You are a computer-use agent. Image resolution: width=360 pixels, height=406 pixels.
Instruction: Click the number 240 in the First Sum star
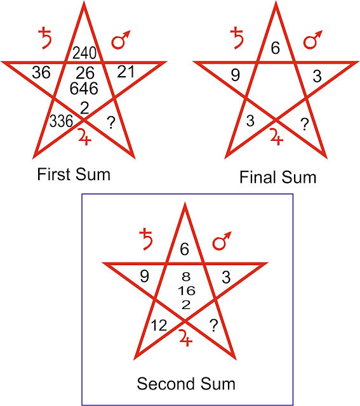pyautogui.click(x=84, y=53)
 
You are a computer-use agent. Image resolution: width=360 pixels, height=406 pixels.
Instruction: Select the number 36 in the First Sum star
pyautogui.click(x=41, y=72)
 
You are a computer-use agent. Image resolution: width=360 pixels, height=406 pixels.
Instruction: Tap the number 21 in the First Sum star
pyautogui.click(x=126, y=72)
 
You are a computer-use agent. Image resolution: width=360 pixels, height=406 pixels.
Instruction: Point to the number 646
pyautogui.click(x=84, y=88)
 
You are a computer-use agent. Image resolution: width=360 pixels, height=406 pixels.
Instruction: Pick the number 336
pyautogui.click(x=61, y=121)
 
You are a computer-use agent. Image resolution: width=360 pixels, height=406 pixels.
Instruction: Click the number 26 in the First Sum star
pyautogui.click(x=85, y=73)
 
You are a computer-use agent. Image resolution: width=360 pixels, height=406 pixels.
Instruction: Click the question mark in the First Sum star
pyautogui.click(x=111, y=122)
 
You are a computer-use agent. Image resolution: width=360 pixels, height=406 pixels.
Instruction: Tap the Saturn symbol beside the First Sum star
pyautogui.click(x=45, y=38)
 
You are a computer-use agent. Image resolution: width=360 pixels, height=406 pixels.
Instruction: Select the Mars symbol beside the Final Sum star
pyautogui.click(x=314, y=39)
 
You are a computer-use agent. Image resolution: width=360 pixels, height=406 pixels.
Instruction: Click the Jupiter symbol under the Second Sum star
pyautogui.click(x=186, y=338)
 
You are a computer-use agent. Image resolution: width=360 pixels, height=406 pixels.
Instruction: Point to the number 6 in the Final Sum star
pyautogui.click(x=276, y=48)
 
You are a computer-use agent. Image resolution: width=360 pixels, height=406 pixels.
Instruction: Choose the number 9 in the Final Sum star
pyautogui.click(x=236, y=75)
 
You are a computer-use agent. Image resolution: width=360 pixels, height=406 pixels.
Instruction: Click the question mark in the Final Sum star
pyautogui.click(x=305, y=124)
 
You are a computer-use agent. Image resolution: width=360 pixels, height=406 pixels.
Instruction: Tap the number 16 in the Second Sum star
pyautogui.click(x=187, y=291)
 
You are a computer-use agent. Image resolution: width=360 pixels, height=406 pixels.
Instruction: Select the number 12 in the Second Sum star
pyautogui.click(x=159, y=325)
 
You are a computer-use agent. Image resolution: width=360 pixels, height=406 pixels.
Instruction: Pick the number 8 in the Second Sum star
pyautogui.click(x=186, y=277)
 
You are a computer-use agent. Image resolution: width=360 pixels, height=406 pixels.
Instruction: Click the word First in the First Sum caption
pyautogui.click(x=54, y=174)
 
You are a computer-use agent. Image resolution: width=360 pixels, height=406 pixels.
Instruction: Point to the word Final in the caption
pyautogui.click(x=258, y=178)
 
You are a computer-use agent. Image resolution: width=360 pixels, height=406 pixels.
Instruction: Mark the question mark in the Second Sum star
pyautogui.click(x=214, y=325)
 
